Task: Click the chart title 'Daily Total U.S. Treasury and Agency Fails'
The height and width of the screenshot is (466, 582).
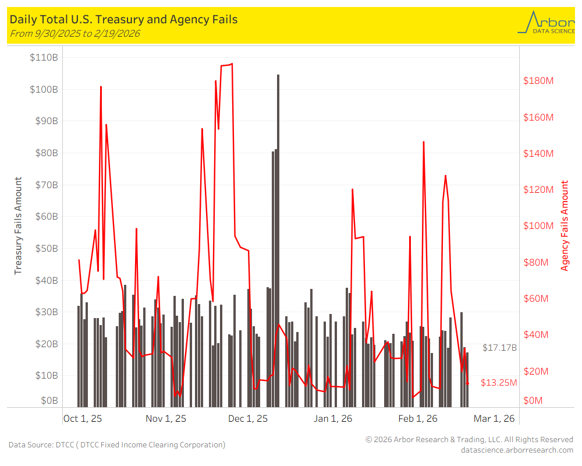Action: tap(123, 19)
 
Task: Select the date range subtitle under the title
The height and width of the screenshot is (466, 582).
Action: tap(75, 33)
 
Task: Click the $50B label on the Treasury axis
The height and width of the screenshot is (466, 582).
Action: tap(44, 248)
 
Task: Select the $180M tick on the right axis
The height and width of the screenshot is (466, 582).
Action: tap(538, 80)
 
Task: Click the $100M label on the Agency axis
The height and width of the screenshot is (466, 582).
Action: tap(538, 226)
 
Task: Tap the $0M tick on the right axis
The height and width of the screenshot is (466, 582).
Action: tap(534, 401)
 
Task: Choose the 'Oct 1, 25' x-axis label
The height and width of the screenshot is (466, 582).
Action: tap(83, 418)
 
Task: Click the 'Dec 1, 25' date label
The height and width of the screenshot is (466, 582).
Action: tap(248, 418)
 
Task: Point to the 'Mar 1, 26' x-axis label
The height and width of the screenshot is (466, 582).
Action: tap(494, 418)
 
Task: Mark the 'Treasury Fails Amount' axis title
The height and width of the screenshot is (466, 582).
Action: tap(18, 226)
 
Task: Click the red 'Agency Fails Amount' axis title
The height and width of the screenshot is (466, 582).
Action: tap(565, 226)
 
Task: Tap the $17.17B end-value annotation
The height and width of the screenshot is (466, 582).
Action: tap(499, 348)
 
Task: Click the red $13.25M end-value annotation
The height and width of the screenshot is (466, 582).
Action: tap(499, 383)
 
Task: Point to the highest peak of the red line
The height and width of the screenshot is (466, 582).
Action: tap(232, 64)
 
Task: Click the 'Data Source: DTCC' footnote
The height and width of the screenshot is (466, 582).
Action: tap(116, 444)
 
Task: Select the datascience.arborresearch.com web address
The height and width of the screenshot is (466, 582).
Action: tap(517, 450)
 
